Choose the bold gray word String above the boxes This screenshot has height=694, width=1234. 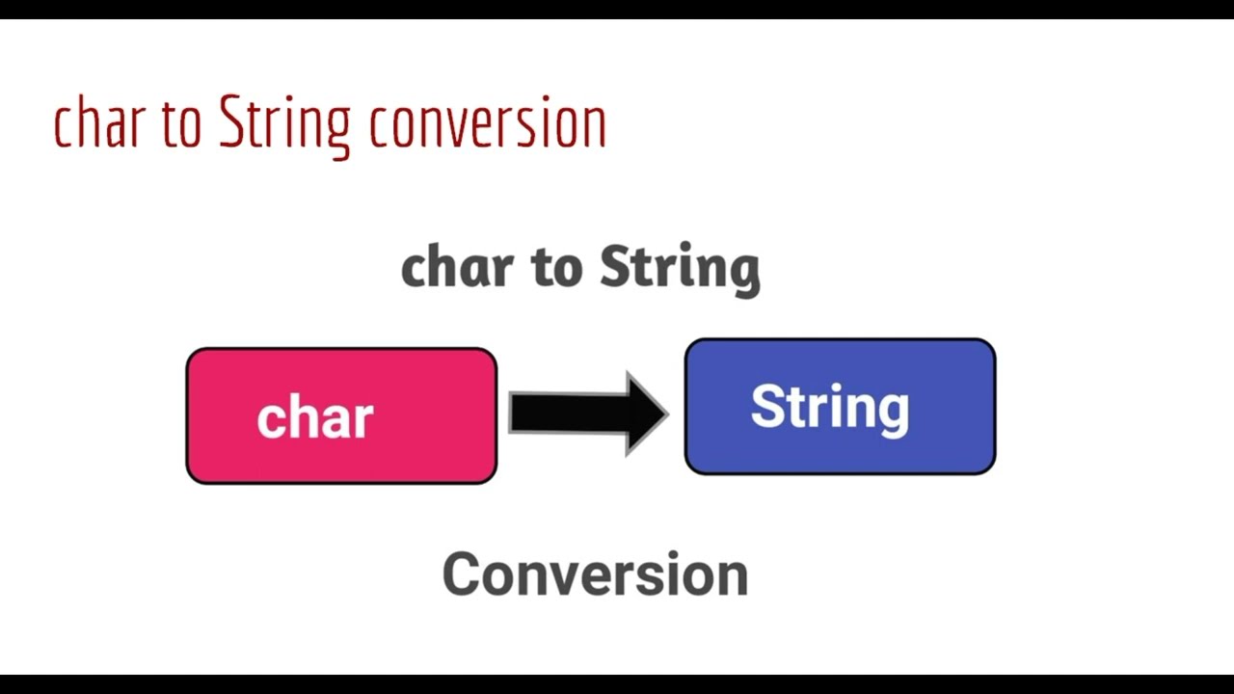point(680,268)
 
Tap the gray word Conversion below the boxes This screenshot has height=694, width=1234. point(595,574)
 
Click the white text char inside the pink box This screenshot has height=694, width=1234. point(315,418)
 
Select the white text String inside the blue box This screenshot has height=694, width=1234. point(830,408)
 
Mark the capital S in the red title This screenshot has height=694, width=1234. point(231,123)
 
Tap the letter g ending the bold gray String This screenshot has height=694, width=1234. point(745,272)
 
